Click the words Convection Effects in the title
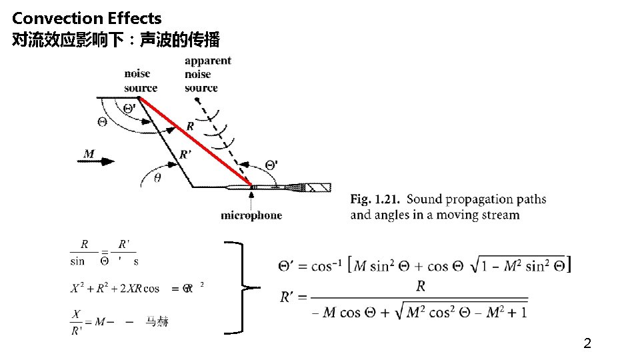tap(87, 18)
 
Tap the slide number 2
tap(587, 344)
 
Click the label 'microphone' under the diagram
tap(251, 215)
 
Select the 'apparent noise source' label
tap(208, 74)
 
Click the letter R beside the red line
tap(191, 126)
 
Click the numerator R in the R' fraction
tap(420, 286)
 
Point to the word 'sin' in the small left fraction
tap(77, 261)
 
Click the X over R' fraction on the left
tap(77, 322)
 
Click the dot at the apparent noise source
tap(197, 101)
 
